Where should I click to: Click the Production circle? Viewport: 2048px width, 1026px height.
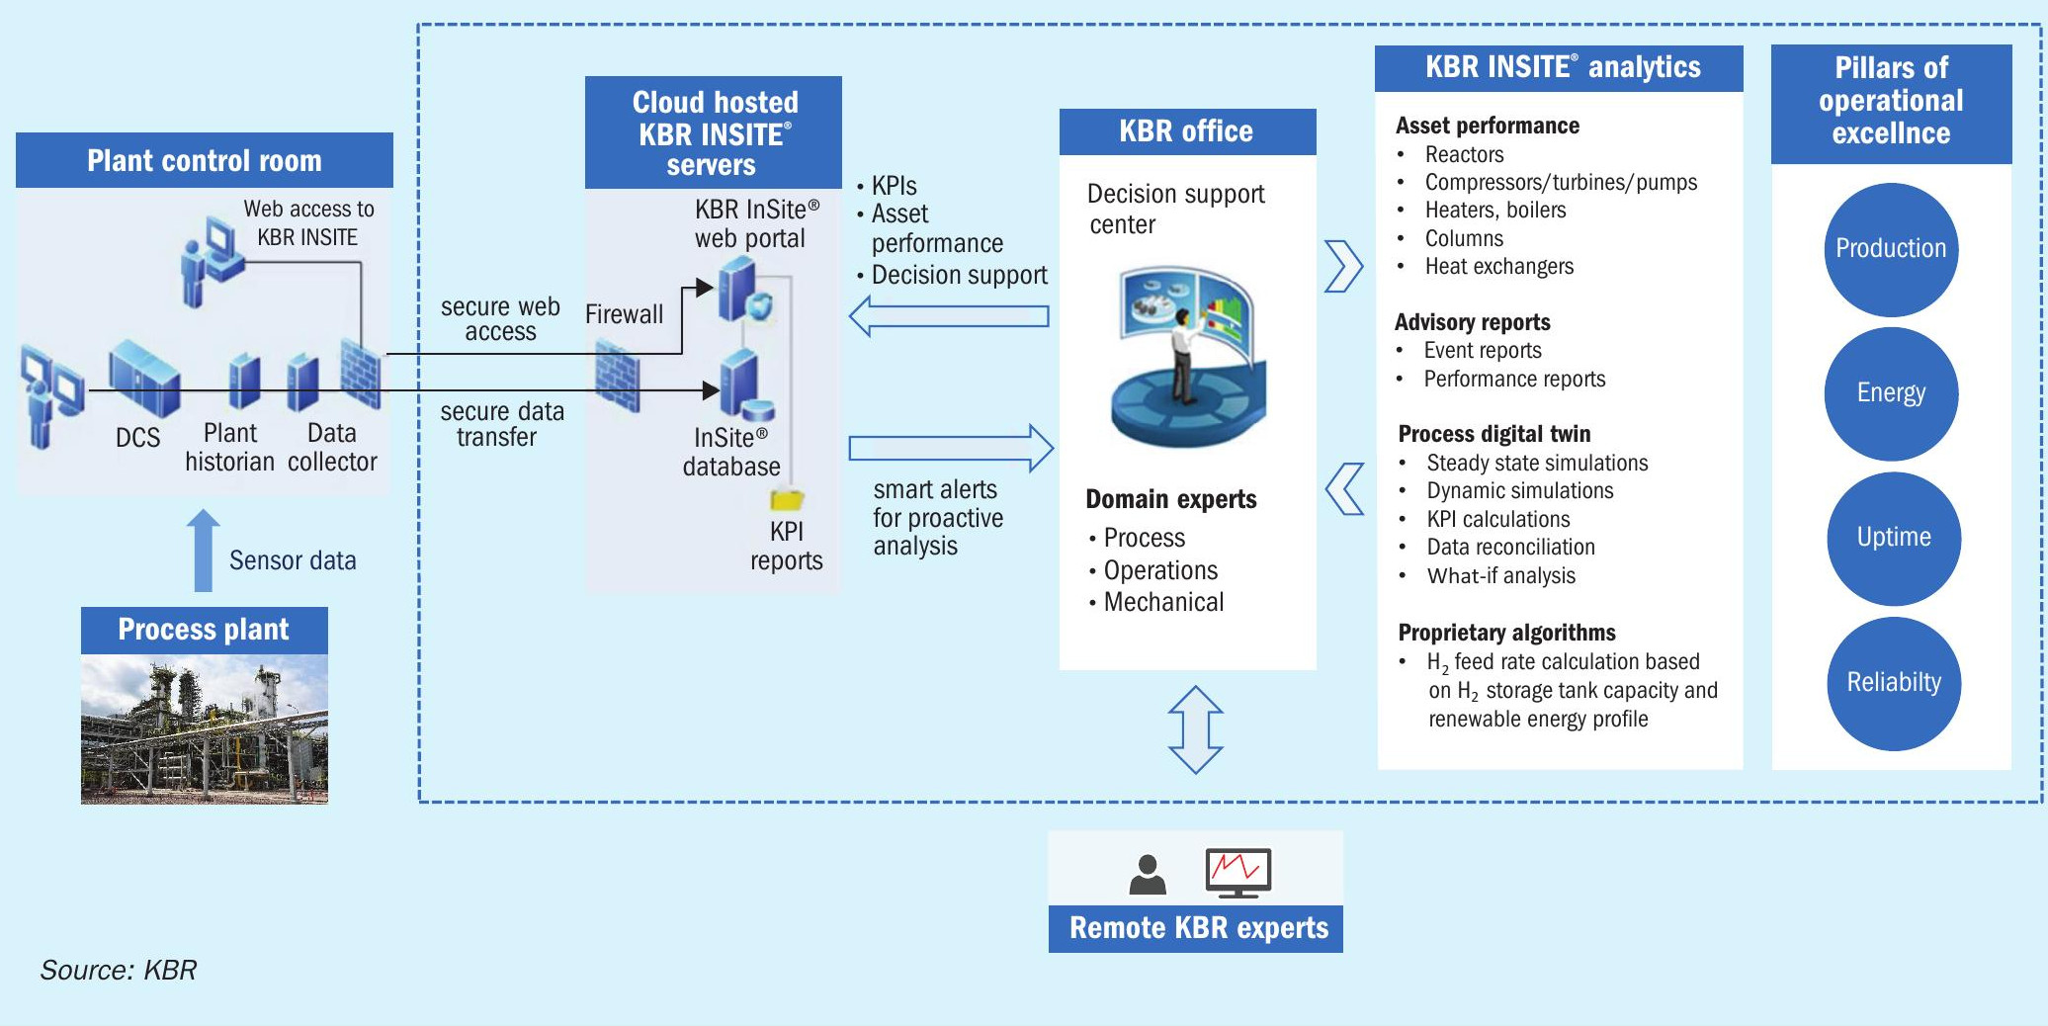click(1891, 249)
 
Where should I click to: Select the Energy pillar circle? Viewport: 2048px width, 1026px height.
click(1891, 393)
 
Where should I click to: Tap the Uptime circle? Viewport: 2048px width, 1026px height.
click(1894, 538)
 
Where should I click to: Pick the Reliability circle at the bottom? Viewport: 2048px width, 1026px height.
click(1894, 683)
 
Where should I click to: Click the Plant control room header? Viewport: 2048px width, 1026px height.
click(205, 160)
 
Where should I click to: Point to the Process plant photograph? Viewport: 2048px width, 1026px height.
click(205, 729)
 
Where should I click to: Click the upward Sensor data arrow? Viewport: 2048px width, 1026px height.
click(204, 551)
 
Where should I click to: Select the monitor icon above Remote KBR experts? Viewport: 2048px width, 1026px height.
click(1238, 873)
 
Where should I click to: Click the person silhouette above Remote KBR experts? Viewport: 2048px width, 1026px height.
click(1148, 875)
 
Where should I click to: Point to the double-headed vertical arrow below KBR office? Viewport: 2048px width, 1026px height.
click(1196, 729)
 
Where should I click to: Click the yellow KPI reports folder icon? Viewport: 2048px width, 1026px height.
click(787, 499)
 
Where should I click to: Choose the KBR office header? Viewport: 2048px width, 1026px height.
click(1188, 131)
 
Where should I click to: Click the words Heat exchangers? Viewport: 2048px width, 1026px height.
click(1499, 266)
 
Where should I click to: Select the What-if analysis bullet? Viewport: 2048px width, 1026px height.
click(1501, 575)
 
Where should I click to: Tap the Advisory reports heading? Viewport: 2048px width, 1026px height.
click(1473, 322)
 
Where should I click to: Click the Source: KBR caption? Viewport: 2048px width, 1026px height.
click(119, 970)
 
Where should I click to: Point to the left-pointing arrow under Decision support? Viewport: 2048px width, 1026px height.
click(949, 316)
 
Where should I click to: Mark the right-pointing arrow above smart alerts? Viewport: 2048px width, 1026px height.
click(952, 448)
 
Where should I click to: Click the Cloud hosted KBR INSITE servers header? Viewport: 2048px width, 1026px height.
click(714, 132)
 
